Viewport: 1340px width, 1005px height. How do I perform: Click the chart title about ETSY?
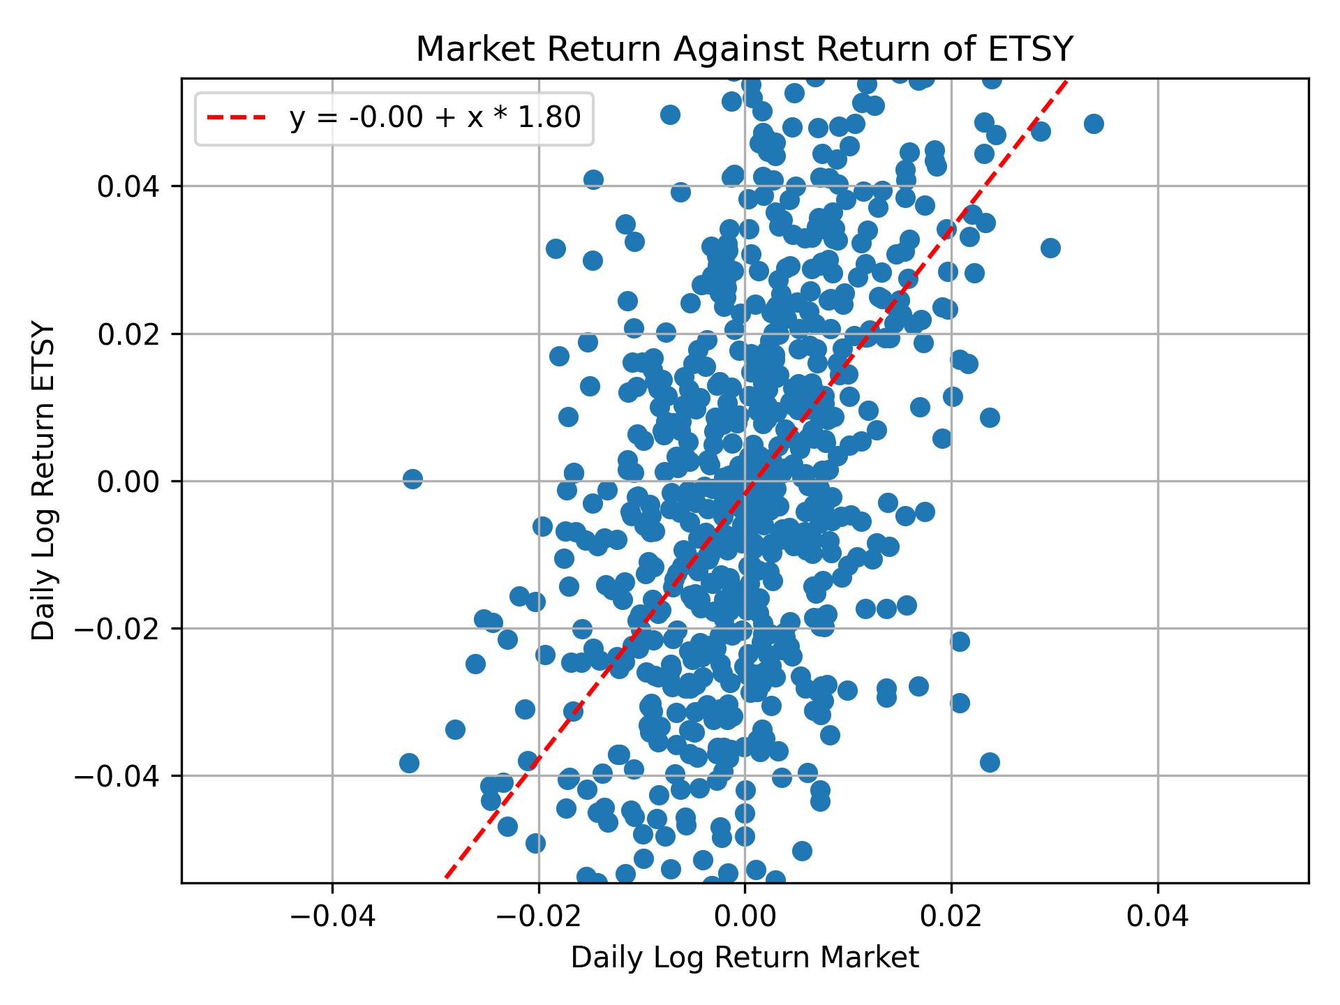point(744,50)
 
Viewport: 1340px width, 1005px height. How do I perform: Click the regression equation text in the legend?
point(435,119)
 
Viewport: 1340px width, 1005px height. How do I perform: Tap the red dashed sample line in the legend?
point(236,119)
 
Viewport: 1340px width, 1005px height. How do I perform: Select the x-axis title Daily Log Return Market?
point(744,958)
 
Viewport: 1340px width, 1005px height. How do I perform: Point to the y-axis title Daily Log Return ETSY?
point(43,481)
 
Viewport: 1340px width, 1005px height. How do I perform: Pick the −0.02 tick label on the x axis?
point(538,916)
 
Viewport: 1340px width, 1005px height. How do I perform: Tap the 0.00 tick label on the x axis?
point(745,916)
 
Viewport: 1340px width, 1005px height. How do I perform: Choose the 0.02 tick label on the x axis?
point(951,916)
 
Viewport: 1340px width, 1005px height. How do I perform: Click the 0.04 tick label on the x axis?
point(1158,916)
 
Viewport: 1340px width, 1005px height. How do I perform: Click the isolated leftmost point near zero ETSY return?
point(412,479)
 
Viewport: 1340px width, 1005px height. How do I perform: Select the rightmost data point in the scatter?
point(1094,124)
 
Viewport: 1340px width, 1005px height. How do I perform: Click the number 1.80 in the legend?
point(555,119)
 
